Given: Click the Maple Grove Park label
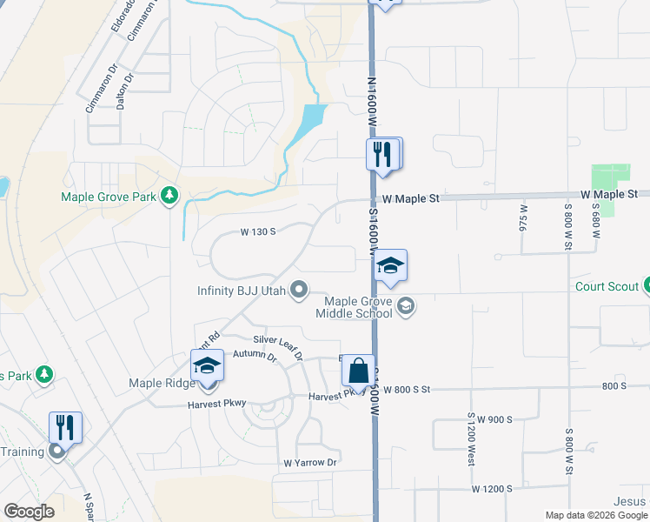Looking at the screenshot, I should pyautogui.click(x=109, y=197).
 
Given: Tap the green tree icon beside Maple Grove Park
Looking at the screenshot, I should pyautogui.click(x=169, y=197).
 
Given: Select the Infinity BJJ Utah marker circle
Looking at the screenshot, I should pyautogui.click(x=300, y=290).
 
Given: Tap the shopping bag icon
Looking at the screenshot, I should pyautogui.click(x=358, y=371).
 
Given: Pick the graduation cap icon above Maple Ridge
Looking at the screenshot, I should pyautogui.click(x=208, y=365).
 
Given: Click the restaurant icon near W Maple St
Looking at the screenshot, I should pyautogui.click(x=383, y=155).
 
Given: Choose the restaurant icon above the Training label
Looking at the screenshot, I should pyautogui.click(x=65, y=426).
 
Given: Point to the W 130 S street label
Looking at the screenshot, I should pyautogui.click(x=258, y=231).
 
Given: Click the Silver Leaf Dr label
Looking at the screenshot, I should pyautogui.click(x=277, y=345).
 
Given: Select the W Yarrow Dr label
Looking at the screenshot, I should pyautogui.click(x=309, y=462).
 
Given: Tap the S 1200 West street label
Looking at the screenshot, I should pyautogui.click(x=471, y=438).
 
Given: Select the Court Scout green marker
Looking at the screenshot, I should pyautogui.click(x=647, y=285).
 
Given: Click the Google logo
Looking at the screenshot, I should pyautogui.click(x=29, y=512).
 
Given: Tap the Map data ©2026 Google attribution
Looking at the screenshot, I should pyautogui.click(x=595, y=515).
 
